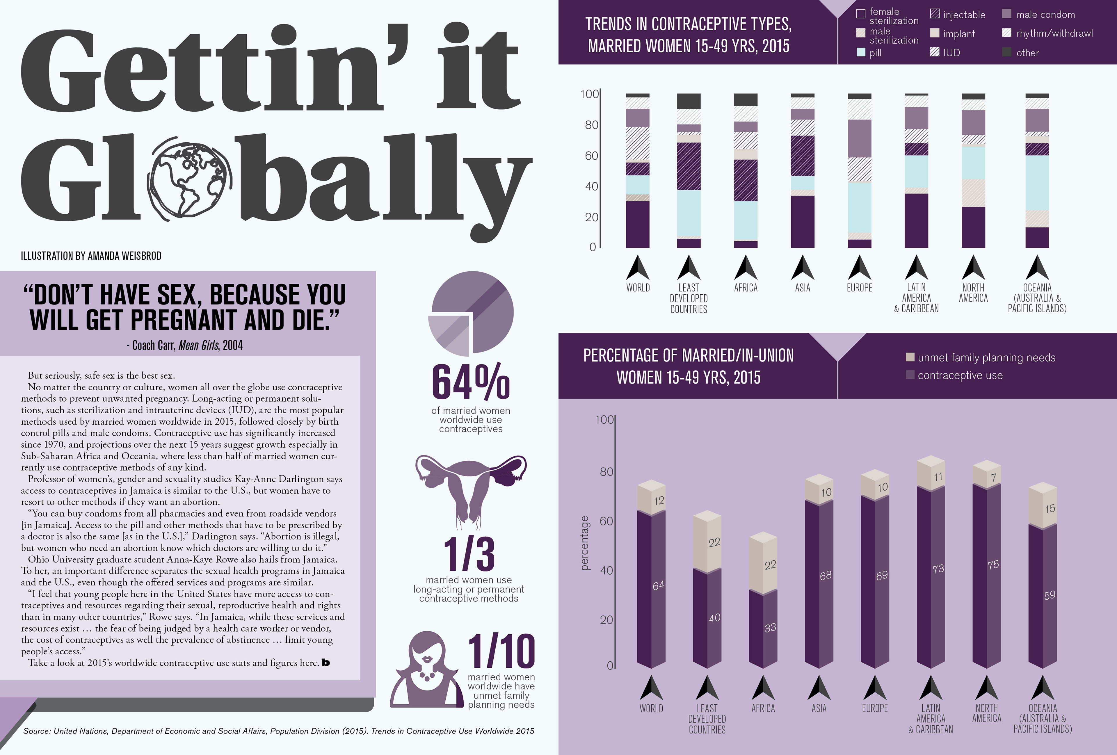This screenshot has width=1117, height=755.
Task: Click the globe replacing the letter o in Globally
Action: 190,179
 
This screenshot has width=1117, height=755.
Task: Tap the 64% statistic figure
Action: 471,382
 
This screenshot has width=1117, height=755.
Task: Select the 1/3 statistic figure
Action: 469,554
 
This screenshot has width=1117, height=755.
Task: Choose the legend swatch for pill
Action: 861,52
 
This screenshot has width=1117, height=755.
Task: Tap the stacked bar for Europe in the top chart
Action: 859,171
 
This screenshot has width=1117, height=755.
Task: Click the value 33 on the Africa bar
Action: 770,628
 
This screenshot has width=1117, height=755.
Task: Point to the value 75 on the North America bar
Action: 993,565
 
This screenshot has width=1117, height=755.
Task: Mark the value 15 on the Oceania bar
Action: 1050,508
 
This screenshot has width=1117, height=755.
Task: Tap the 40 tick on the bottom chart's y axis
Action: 606,570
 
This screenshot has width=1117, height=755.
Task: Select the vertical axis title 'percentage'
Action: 584,543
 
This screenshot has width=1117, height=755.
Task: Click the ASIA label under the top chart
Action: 802,288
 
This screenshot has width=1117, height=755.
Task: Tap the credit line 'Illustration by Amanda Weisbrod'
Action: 91,256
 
